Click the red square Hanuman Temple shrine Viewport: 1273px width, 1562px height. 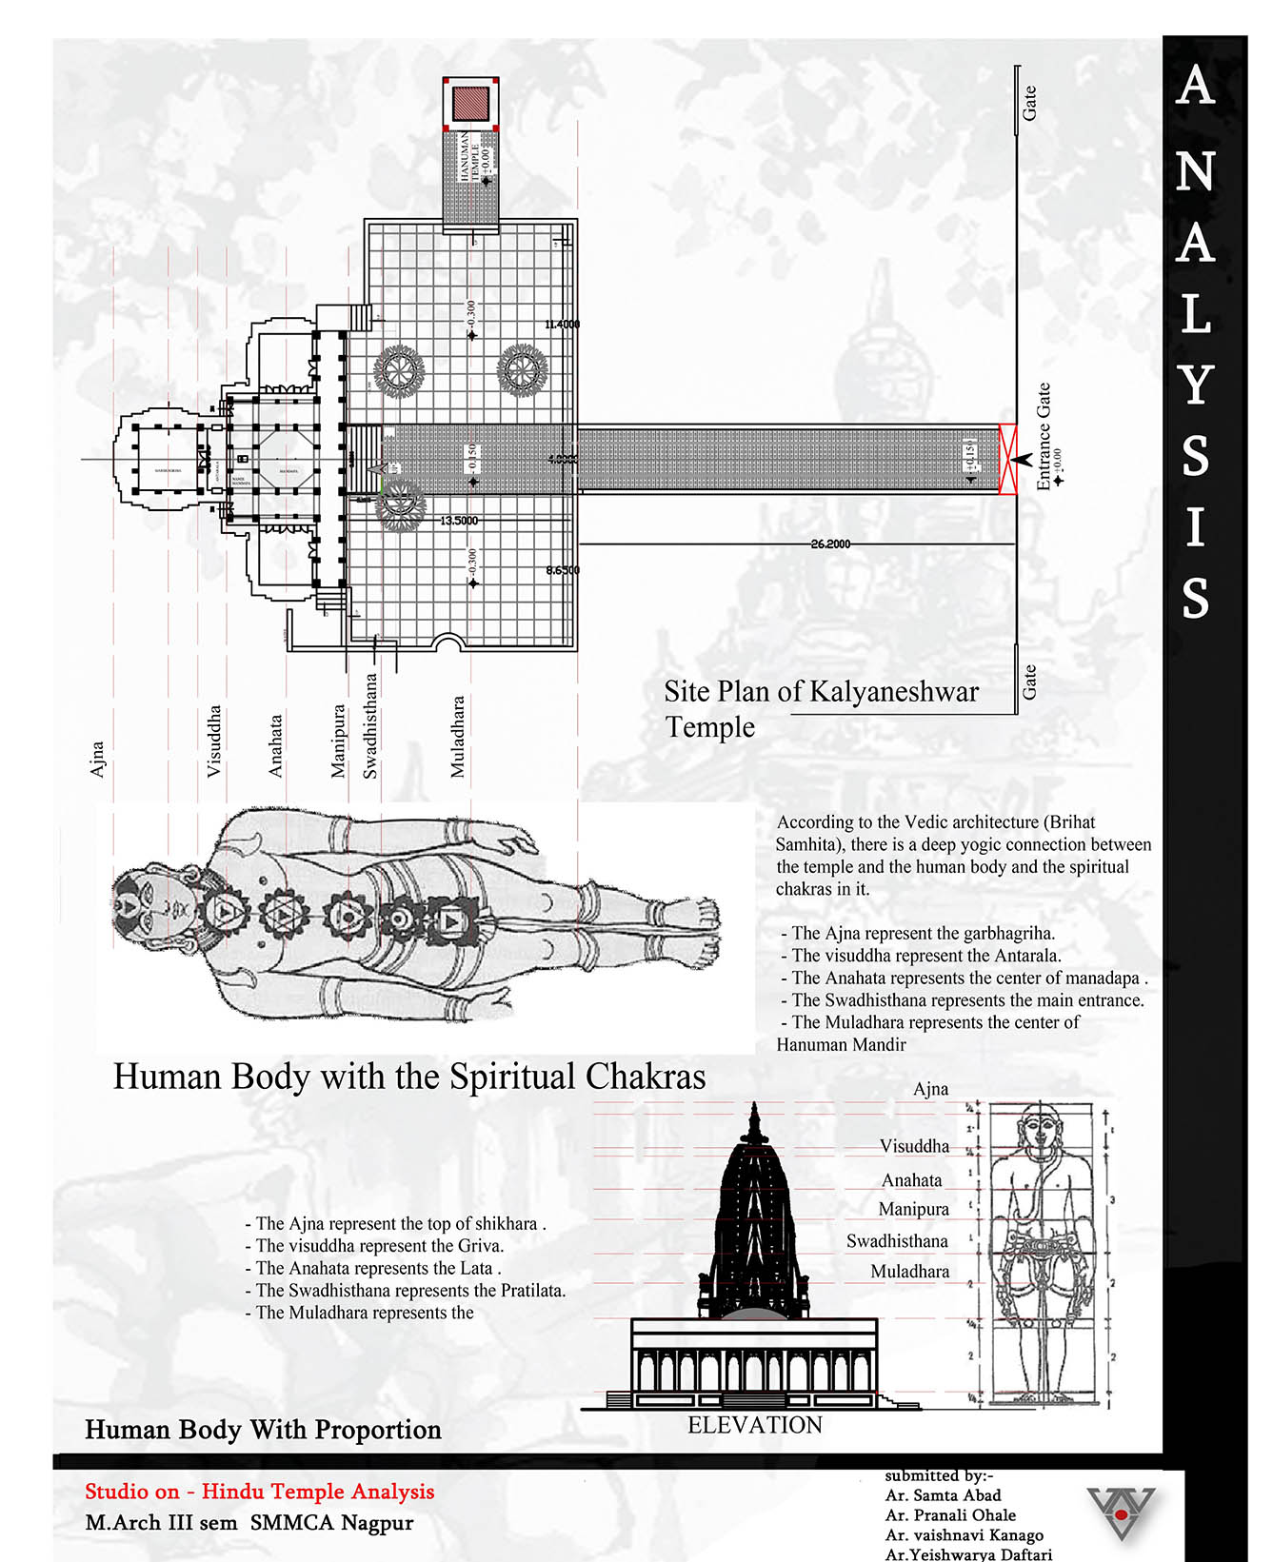pos(470,102)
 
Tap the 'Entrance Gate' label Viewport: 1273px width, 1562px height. pos(1044,437)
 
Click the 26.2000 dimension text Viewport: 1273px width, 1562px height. pos(830,544)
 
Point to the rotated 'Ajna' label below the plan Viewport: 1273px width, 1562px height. pos(97,760)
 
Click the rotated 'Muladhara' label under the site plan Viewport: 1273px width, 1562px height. pos(458,737)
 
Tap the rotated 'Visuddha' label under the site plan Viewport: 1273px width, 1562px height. pos(214,741)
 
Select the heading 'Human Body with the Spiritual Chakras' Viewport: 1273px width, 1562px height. pos(409,1077)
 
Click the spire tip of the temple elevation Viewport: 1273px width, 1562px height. pos(755,1108)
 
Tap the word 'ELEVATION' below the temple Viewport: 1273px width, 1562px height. pos(755,1425)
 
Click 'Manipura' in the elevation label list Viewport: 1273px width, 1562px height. pos(913,1209)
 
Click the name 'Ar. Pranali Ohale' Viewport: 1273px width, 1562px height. pos(950,1514)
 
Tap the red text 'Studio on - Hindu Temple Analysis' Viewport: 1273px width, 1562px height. pos(260,1492)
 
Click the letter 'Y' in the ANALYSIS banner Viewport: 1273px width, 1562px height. pos(1196,384)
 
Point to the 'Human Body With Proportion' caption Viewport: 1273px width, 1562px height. pos(263,1430)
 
